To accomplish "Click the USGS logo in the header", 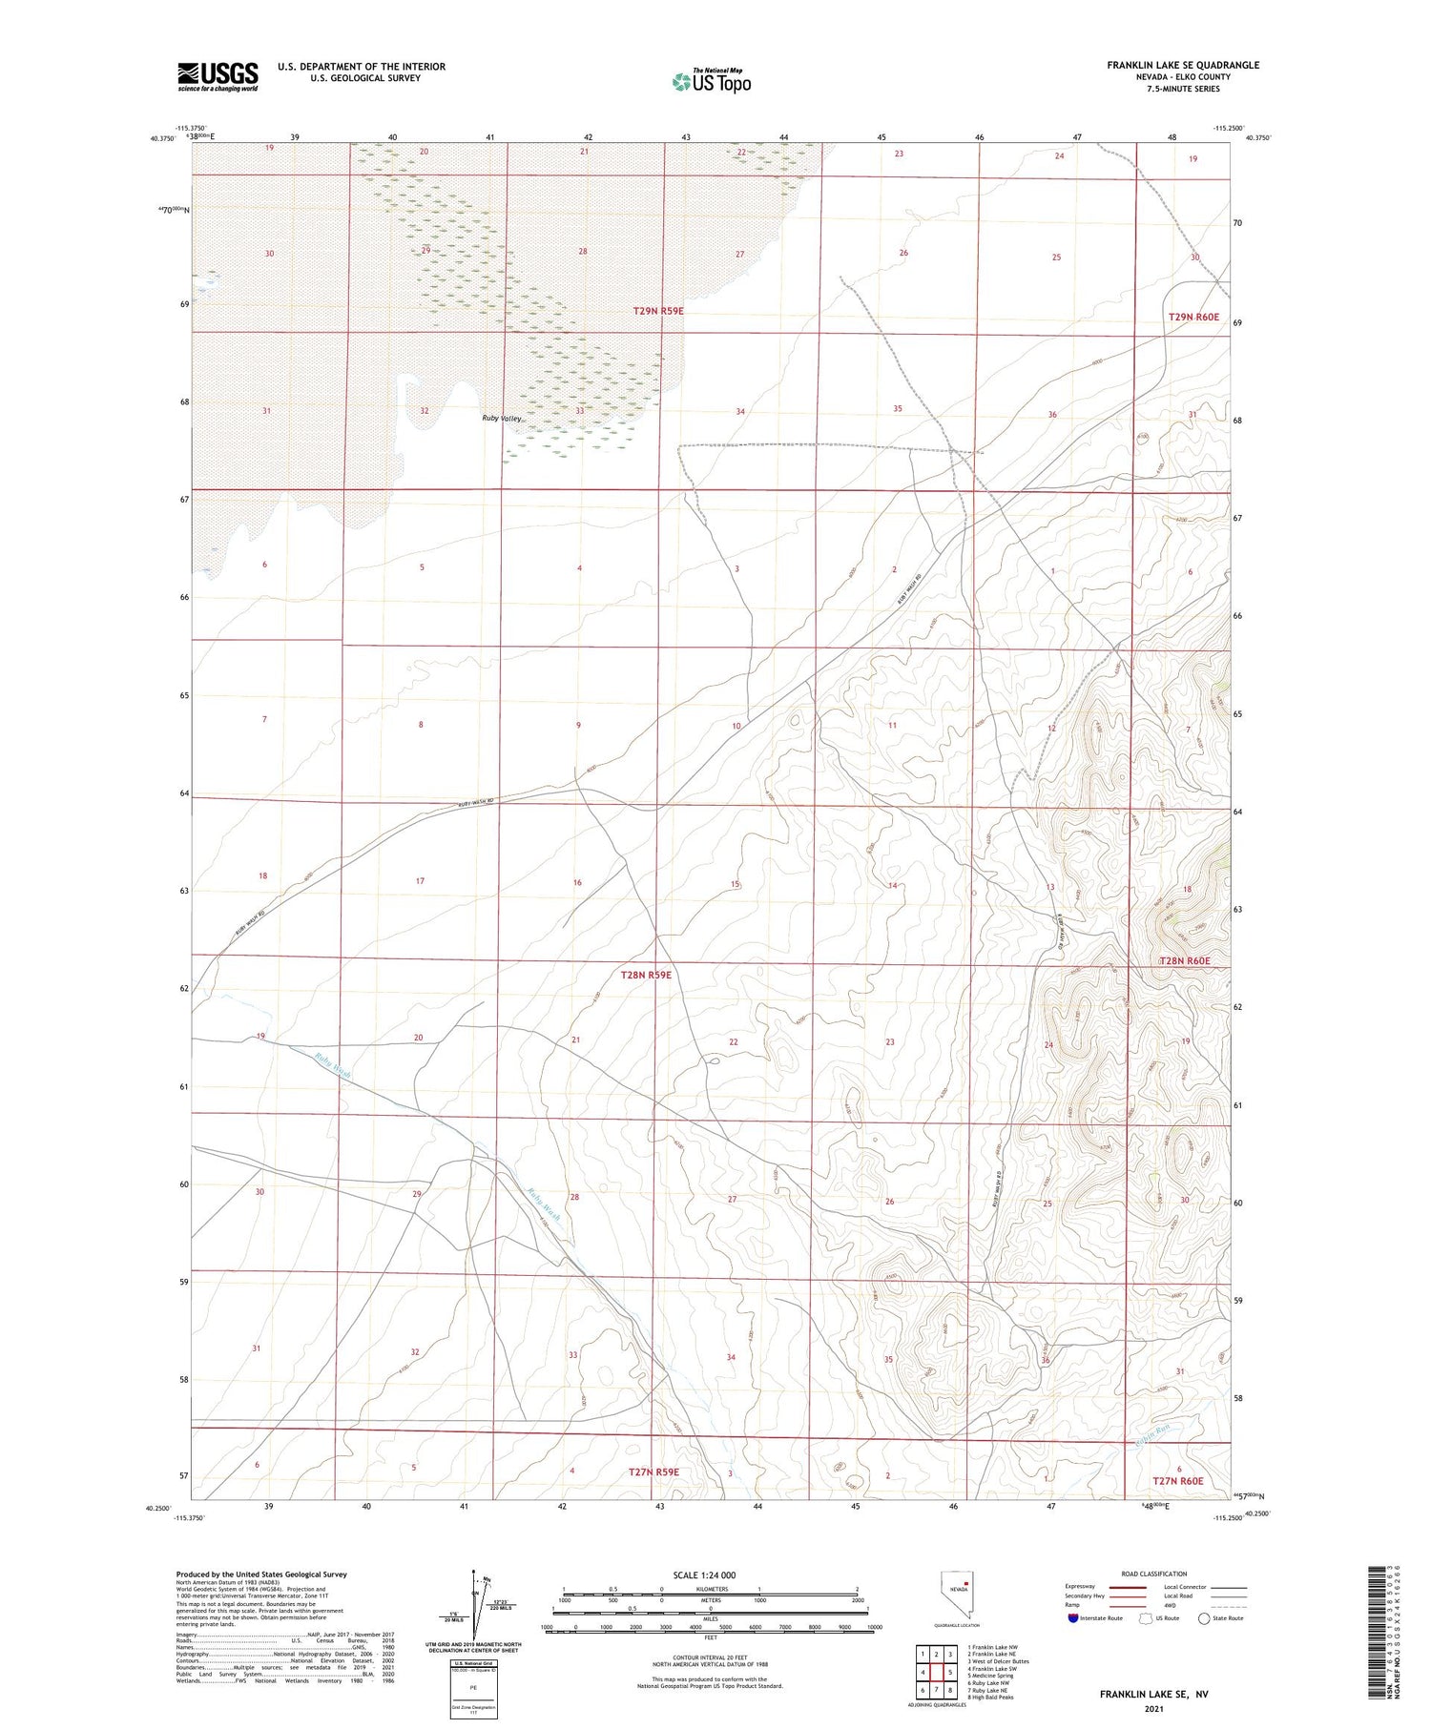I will point(218,76).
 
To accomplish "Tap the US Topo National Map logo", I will point(711,81).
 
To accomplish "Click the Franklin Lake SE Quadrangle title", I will point(1182,65).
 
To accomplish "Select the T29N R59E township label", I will point(658,311).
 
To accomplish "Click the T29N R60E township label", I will point(1194,317).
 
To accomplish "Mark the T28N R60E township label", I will point(1184,961).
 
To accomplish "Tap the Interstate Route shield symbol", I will point(1074,1618).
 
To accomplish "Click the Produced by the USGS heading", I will point(260,1575).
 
